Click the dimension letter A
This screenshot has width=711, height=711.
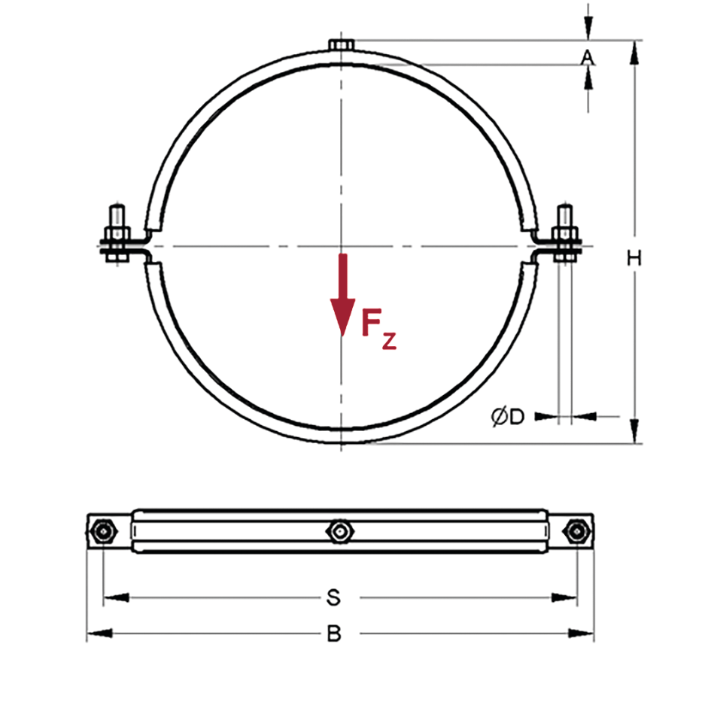pyautogui.click(x=587, y=58)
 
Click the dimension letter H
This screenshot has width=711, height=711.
pyautogui.click(x=634, y=258)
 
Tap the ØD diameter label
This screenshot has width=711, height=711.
pyautogui.click(x=508, y=416)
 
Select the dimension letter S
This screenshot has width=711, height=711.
pyautogui.click(x=333, y=597)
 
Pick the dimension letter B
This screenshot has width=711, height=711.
pyautogui.click(x=334, y=634)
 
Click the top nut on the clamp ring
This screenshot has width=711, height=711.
pyautogui.click(x=342, y=44)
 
